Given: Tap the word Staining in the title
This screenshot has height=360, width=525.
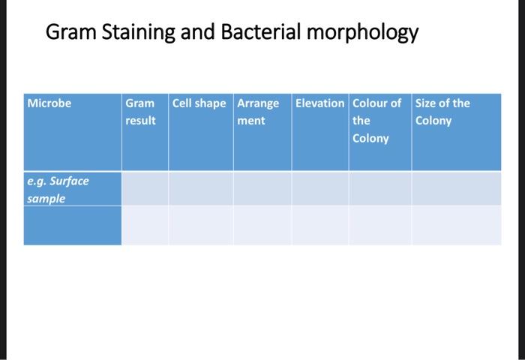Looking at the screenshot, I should (137, 34).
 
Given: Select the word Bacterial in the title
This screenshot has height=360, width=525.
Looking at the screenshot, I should (259, 34).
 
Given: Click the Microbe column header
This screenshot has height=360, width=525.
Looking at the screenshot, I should (49, 103).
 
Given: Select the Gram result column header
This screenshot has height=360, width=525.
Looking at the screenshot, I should (141, 112).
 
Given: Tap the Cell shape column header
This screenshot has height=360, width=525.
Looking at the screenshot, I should (199, 103).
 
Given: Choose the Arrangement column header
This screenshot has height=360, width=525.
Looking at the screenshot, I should (258, 112).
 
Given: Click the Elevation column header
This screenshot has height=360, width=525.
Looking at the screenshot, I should (320, 103).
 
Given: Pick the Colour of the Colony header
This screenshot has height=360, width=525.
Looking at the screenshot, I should (377, 120).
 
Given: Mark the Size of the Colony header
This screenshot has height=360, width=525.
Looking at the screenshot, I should (442, 112).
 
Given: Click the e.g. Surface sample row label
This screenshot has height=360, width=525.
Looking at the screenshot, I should (58, 190).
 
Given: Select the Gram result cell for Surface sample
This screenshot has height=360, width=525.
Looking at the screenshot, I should (145, 188).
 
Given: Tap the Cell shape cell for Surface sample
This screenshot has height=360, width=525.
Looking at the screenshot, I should (200, 188).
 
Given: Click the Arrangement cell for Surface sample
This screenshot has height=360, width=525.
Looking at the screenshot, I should (262, 188).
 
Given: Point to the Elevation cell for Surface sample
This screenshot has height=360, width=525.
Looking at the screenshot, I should (320, 188).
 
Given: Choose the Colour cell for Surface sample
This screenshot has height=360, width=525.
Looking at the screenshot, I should (379, 188).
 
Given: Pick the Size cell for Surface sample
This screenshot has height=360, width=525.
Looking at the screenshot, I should (456, 188).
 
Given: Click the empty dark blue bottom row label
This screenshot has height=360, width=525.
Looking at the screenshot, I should (72, 225).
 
